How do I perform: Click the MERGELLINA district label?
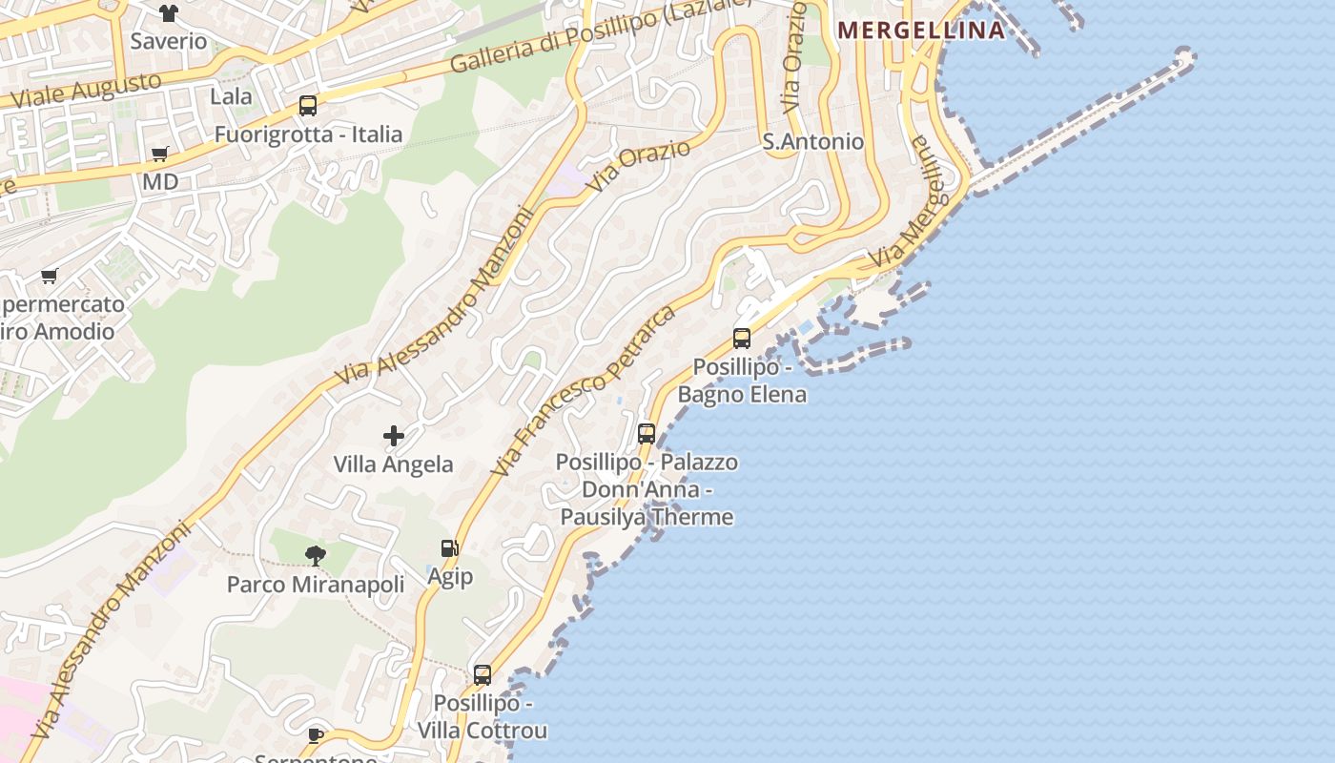[x=921, y=30]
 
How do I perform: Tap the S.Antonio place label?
[x=813, y=141]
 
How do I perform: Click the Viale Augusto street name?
[x=86, y=90]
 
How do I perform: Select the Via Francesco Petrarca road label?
[x=583, y=390]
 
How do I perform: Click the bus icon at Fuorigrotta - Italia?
[x=307, y=106]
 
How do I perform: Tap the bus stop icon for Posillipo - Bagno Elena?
[x=742, y=338]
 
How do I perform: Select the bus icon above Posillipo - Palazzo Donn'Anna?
[x=647, y=434]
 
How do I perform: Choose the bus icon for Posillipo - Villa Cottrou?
[x=483, y=675]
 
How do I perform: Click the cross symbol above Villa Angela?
[x=393, y=436]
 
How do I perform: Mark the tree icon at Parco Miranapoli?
[x=316, y=555]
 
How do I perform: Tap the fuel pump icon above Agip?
[x=449, y=548]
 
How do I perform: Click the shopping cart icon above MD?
[x=160, y=154]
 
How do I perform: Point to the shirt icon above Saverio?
[x=169, y=13]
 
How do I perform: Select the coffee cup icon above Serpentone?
[x=316, y=734]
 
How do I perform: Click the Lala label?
[x=231, y=96]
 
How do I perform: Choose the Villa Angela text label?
[x=393, y=464]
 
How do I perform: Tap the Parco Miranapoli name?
[x=316, y=584]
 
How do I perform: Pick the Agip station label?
[x=450, y=576]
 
